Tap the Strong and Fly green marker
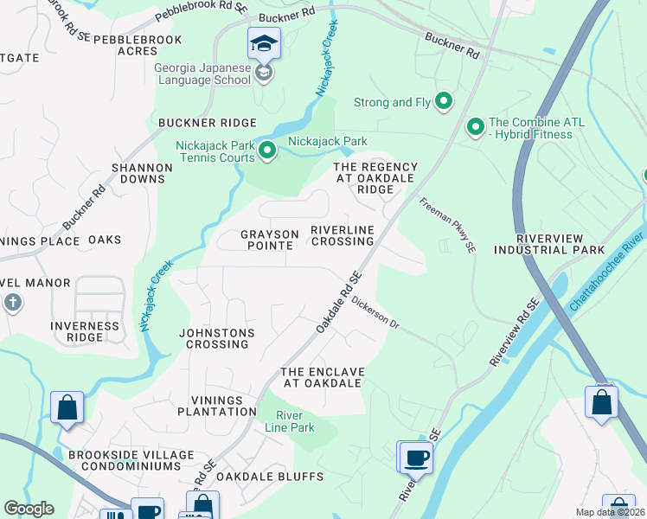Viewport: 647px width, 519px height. [444, 102]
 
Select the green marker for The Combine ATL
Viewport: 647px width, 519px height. [475, 127]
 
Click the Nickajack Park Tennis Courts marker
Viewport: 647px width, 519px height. [267, 152]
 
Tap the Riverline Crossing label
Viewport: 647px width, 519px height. [343, 235]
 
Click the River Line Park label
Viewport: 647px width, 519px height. [295, 421]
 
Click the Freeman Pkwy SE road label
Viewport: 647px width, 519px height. [448, 225]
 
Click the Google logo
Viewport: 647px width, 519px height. [29, 509]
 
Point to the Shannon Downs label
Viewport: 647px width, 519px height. [138, 173]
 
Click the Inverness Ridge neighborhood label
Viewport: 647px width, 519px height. [85, 332]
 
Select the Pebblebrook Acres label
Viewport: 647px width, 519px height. [138, 46]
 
